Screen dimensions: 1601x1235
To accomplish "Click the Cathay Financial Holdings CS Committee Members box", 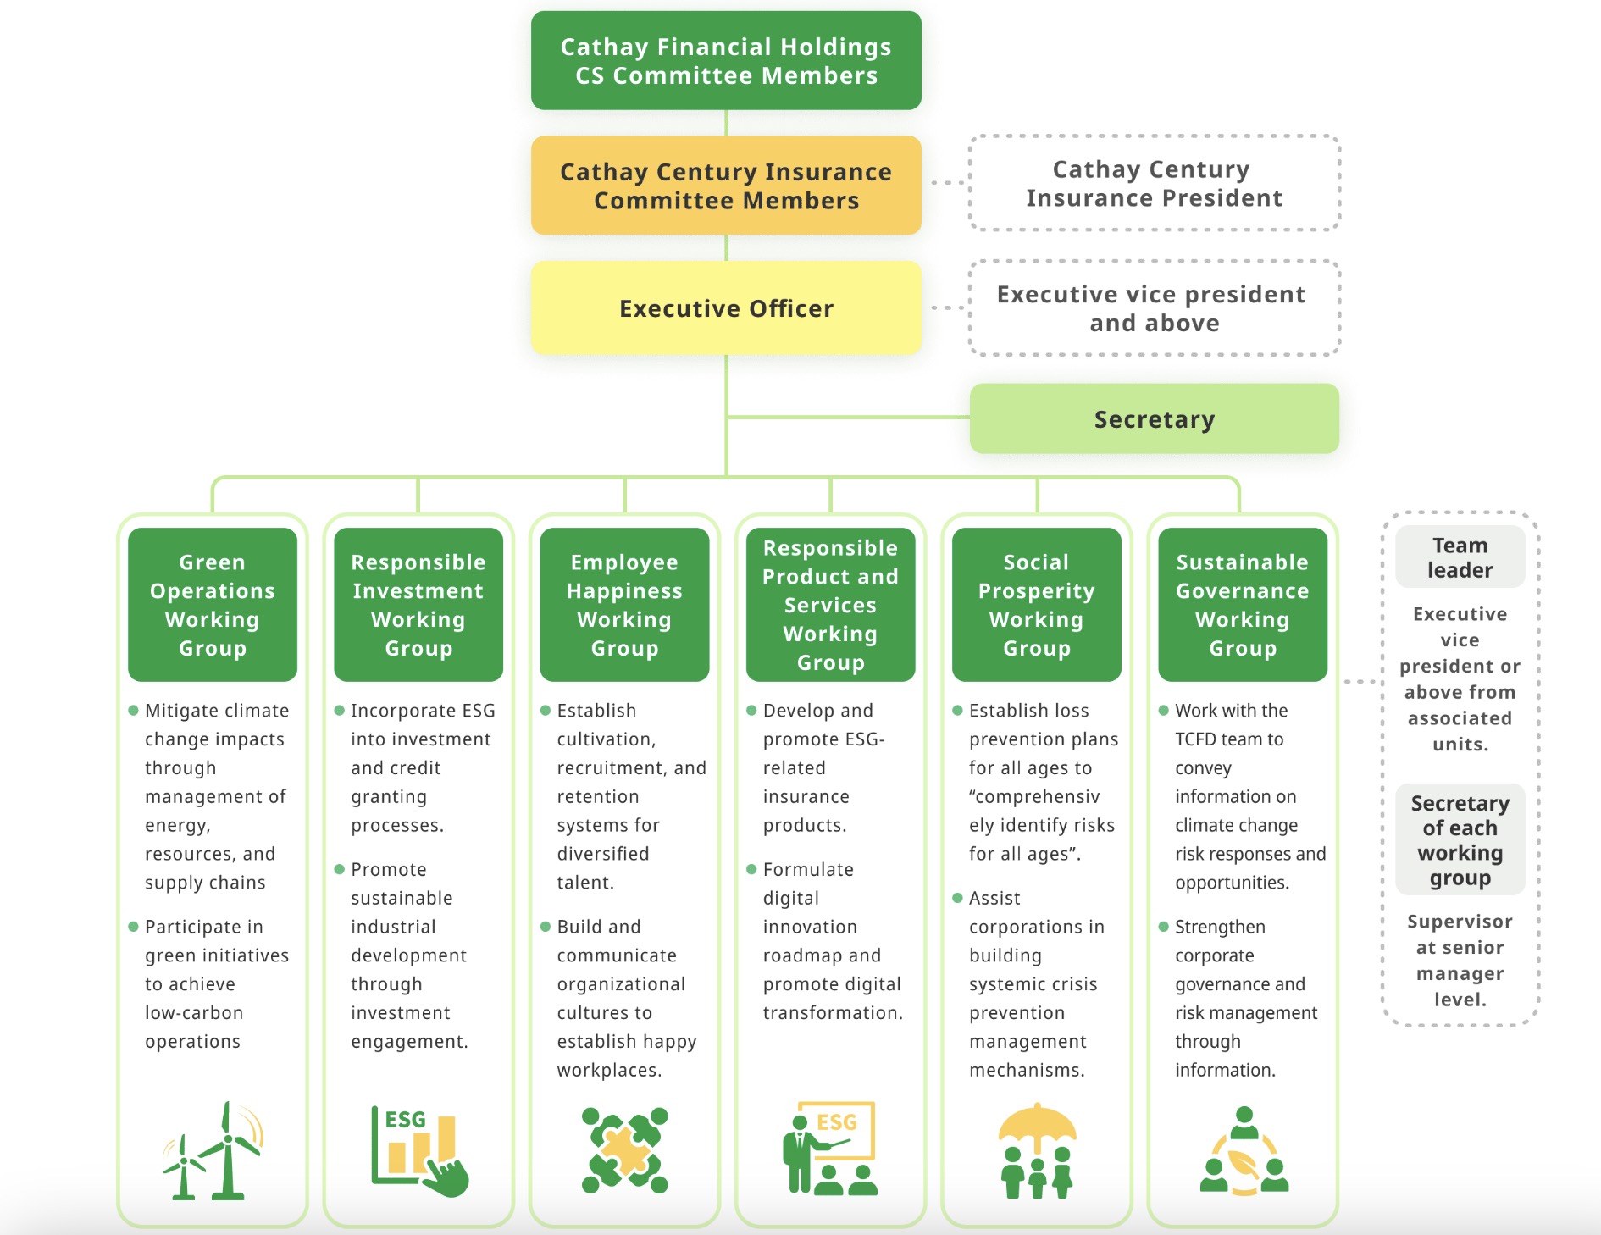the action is (x=726, y=60).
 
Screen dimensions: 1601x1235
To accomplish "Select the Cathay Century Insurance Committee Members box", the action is (x=726, y=186).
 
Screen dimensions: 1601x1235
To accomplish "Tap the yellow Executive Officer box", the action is (x=726, y=307).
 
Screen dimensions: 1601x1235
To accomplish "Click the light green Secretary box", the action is (x=1154, y=418).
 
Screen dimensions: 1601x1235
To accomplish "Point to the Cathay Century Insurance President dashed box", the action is (x=1154, y=183).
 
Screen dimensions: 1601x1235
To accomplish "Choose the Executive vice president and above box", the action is (x=1154, y=308).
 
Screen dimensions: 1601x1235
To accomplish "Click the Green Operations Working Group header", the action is (x=213, y=605).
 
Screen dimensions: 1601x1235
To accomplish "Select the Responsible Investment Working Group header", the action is (x=418, y=605).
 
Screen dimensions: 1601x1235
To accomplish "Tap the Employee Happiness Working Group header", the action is (x=624, y=605).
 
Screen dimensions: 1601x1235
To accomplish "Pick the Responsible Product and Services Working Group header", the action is (x=830, y=605).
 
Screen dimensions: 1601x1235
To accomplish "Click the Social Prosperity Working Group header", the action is (x=1037, y=605).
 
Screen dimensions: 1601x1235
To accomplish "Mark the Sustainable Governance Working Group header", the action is (x=1243, y=605).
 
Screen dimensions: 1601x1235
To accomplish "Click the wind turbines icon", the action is (x=213, y=1150).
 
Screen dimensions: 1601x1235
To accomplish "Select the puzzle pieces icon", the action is (x=625, y=1150).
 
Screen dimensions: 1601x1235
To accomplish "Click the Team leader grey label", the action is (x=1460, y=557).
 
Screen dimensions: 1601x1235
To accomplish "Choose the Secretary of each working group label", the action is (x=1460, y=840).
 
